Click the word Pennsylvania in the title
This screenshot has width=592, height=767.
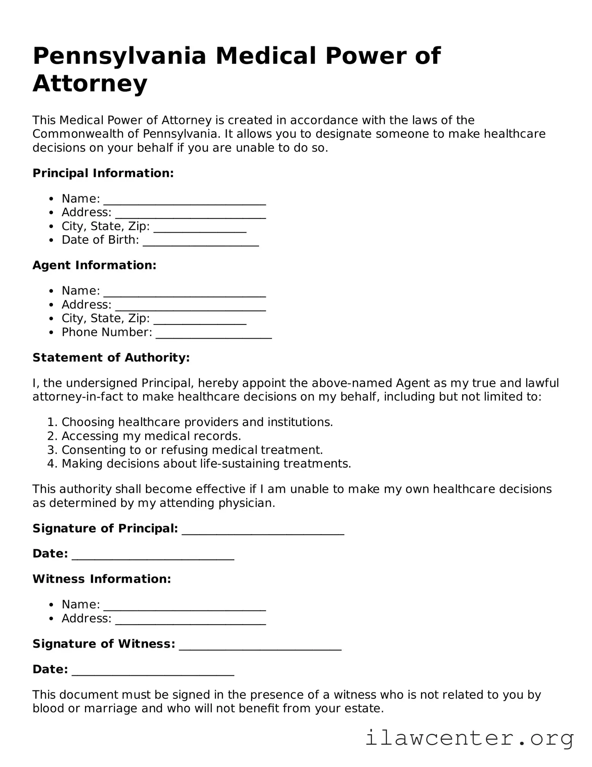pyautogui.click(x=119, y=56)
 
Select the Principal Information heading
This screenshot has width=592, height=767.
pyautogui.click(x=103, y=173)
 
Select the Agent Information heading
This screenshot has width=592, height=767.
pyautogui.click(x=94, y=265)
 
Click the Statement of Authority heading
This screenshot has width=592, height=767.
pyautogui.click(x=111, y=357)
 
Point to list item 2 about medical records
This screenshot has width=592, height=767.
pyautogui.click(x=151, y=436)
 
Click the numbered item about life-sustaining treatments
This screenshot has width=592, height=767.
pyautogui.click(x=206, y=464)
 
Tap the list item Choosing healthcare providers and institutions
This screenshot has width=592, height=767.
pyautogui.click(x=197, y=422)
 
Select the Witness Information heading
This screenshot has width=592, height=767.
pyautogui.click(x=102, y=579)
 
